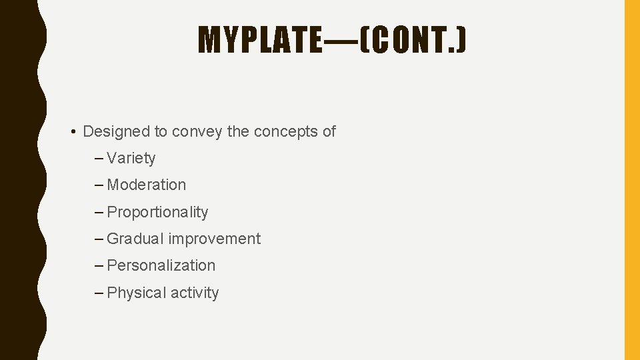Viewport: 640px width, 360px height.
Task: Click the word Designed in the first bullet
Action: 117,131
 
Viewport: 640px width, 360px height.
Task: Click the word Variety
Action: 131,159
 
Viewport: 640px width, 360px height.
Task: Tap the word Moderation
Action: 147,185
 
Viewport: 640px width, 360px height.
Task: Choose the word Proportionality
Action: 157,212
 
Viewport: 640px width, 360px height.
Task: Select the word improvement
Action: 215,239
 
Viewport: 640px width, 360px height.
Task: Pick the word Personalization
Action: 161,265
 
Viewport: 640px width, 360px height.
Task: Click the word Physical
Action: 136,293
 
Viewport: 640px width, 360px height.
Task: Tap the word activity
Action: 195,293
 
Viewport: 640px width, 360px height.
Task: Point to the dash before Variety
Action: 99,159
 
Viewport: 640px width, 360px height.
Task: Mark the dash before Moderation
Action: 99,185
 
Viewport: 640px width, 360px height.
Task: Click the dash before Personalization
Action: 99,266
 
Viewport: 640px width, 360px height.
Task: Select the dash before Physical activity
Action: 99,293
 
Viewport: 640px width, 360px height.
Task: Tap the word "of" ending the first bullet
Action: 329,131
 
